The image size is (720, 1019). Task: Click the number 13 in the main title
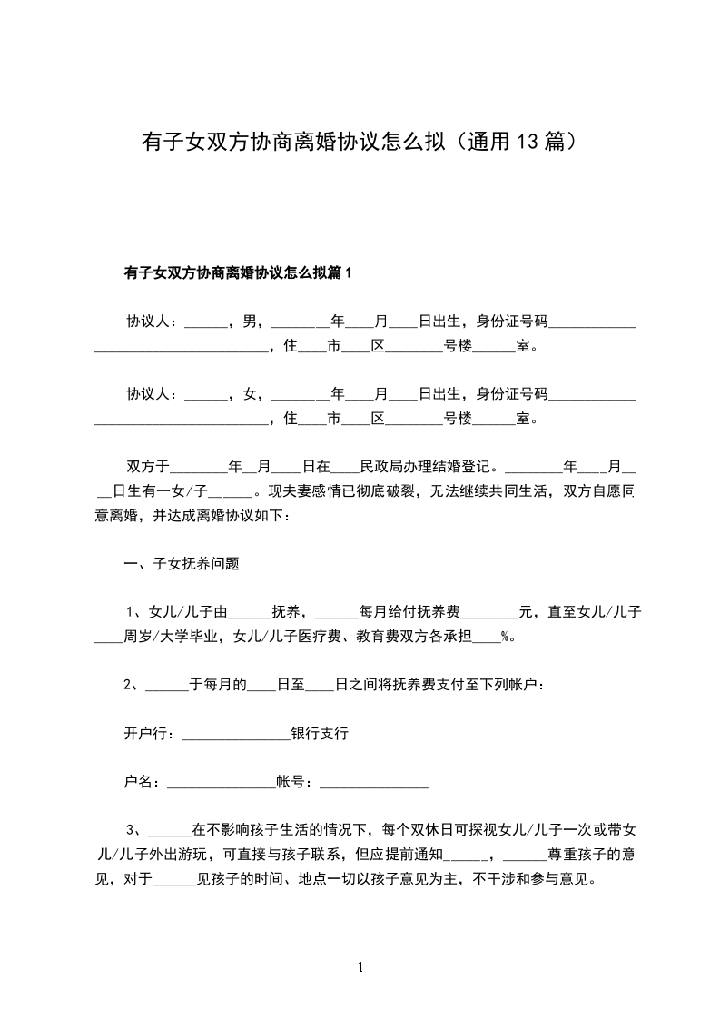tap(528, 142)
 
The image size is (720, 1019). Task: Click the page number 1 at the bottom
tap(360, 967)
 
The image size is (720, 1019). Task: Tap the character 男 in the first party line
tap(249, 321)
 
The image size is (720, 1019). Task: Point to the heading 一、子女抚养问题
tap(182, 563)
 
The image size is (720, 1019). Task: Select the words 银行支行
tap(320, 733)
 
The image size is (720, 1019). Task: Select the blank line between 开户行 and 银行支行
tap(235, 735)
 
